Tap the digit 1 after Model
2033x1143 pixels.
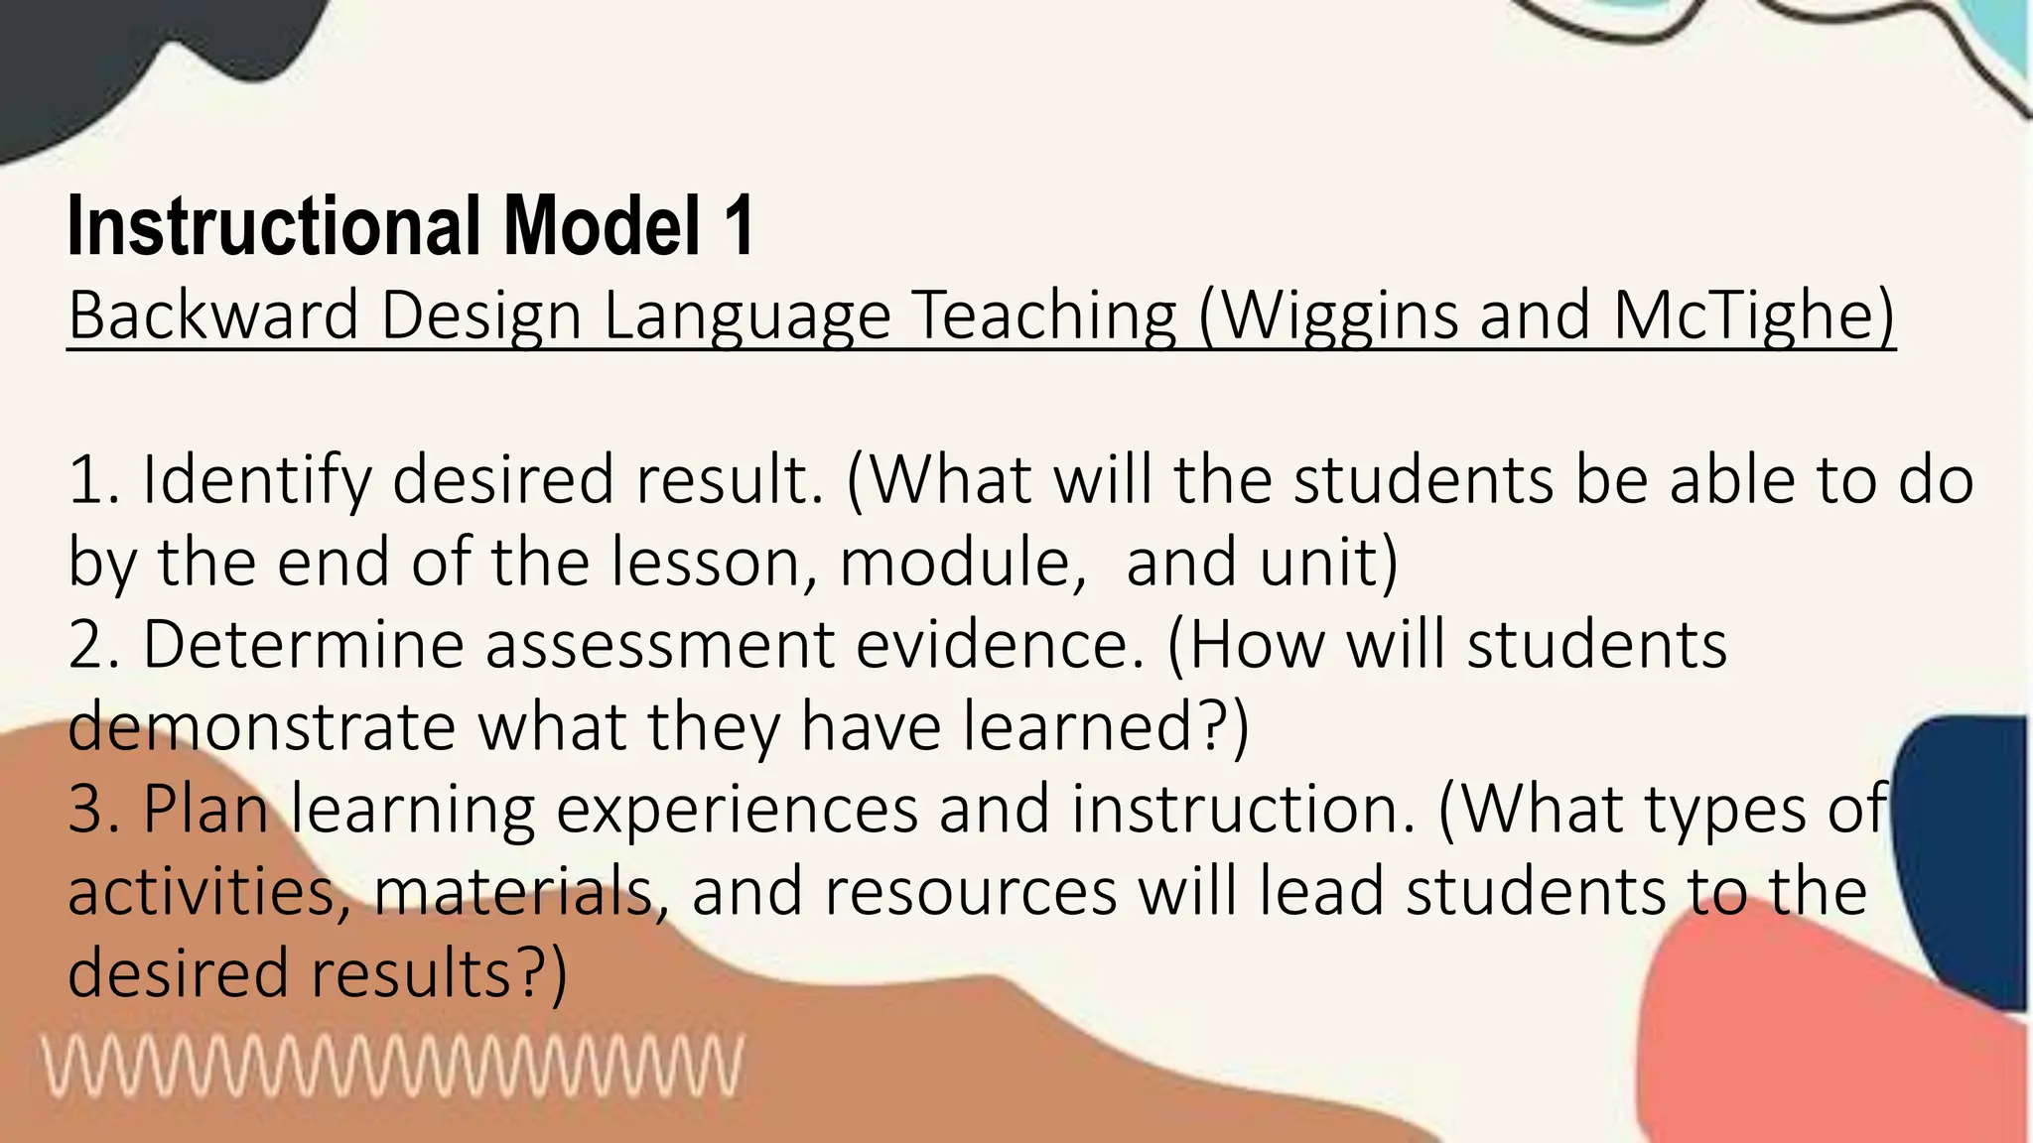(x=739, y=226)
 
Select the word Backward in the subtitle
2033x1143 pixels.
(x=213, y=316)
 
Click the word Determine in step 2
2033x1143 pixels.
(x=304, y=645)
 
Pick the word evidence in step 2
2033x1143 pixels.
(x=999, y=645)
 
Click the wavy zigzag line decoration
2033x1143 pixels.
(x=392, y=1067)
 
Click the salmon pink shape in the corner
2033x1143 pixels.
(x=1836, y=1042)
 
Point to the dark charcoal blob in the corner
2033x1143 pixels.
(x=119, y=60)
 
